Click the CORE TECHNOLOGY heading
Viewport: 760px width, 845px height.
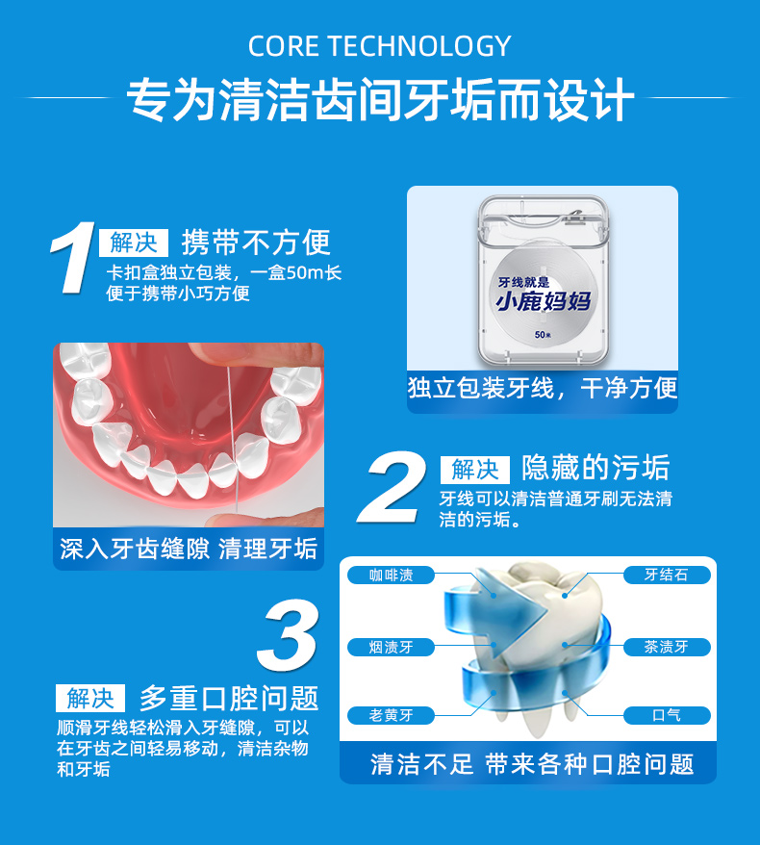(379, 46)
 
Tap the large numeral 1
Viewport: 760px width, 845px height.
(74, 258)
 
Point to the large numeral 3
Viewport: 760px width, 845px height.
(289, 635)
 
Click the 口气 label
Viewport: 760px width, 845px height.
(666, 715)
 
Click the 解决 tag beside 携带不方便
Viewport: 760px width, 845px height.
(133, 243)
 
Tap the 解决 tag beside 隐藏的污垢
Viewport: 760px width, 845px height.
(475, 470)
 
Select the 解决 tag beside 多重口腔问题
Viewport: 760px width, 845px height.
(90, 698)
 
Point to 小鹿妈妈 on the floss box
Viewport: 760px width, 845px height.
(543, 302)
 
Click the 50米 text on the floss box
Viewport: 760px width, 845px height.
(544, 335)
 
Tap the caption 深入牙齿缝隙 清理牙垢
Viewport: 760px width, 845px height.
(189, 549)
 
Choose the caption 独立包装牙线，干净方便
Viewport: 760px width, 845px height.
(543, 388)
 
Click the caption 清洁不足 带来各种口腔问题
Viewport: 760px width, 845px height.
(532, 764)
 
